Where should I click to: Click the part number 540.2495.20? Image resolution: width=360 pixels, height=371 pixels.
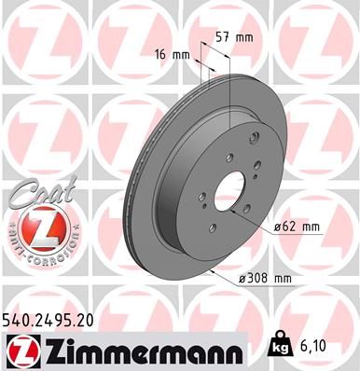pyautogui.click(x=55, y=320)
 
